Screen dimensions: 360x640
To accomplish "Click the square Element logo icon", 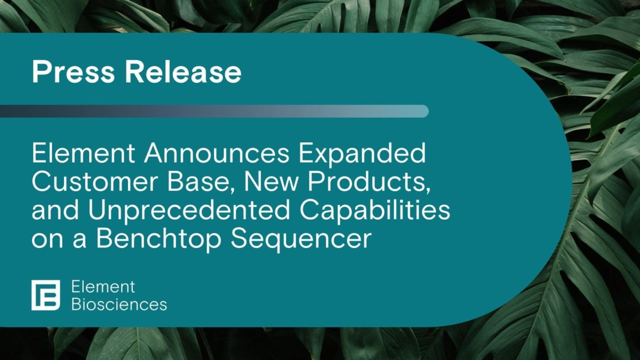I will [x=46, y=295].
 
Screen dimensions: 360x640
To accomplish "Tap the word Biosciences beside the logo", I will [x=118, y=305].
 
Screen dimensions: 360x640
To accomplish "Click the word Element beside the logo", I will [x=103, y=286].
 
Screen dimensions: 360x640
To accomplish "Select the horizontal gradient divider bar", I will [x=214, y=111].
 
